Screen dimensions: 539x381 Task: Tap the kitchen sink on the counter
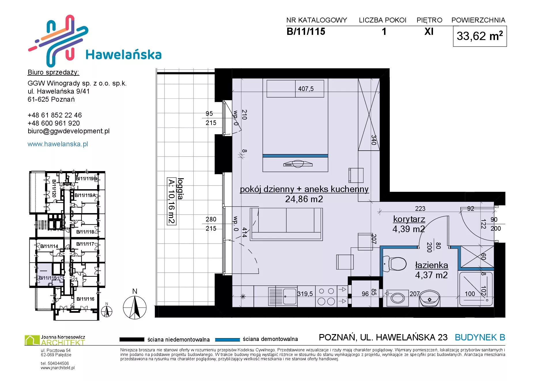pos(282,296)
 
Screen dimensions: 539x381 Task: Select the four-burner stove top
pos(326,296)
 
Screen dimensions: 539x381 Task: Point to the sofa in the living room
pos(286,224)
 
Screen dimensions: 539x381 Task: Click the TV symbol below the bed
pos(298,164)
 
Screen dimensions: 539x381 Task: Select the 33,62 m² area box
pos(480,36)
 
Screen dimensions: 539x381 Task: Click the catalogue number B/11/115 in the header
pos(306,31)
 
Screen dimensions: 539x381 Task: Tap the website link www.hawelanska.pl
pos(58,144)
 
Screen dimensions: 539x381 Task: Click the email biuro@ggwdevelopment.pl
pos(69,131)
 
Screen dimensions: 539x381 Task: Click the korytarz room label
pos(409,219)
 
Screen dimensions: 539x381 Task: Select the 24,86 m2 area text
pos(304,199)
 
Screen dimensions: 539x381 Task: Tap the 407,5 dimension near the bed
pos(306,89)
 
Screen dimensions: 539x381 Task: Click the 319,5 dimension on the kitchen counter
pos(305,294)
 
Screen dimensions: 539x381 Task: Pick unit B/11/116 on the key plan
pos(85,299)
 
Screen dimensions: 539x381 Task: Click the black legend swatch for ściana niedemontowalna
pos(132,340)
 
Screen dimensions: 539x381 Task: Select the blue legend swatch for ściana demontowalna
pos(227,340)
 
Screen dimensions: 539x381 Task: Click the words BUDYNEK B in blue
pos(480,337)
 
